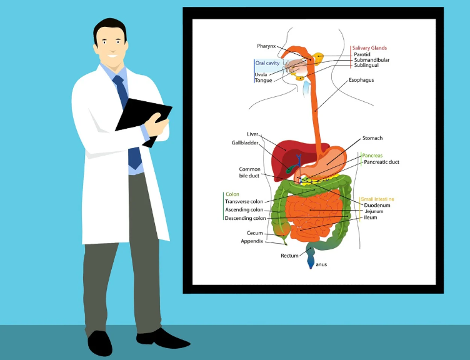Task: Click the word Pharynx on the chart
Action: [266, 46]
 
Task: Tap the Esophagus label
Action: [361, 80]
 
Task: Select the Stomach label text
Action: [372, 138]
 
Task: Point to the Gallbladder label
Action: [245, 142]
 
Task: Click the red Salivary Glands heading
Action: [369, 47]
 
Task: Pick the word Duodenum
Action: [377, 205]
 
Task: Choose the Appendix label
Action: [252, 241]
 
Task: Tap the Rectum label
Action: [289, 256]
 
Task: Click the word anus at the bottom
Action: [321, 264]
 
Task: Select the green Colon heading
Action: [232, 194]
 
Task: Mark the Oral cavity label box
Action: [267, 63]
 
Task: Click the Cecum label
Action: [254, 233]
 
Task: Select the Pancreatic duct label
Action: [381, 162]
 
